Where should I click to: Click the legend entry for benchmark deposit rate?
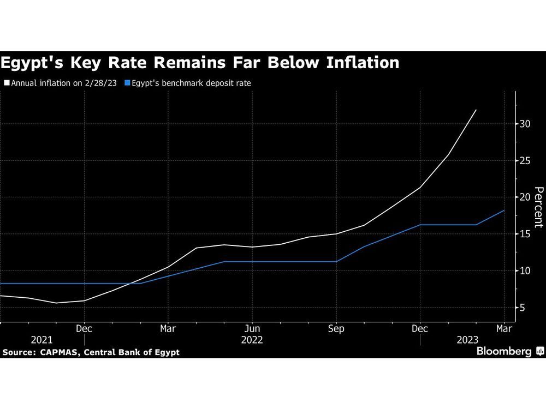(x=191, y=83)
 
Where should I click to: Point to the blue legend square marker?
(x=128, y=83)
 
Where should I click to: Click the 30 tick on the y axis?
(x=525, y=124)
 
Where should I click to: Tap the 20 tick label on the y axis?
(x=525, y=197)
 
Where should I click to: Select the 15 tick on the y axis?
(x=525, y=234)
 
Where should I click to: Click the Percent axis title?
(x=538, y=207)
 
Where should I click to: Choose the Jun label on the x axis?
(x=252, y=329)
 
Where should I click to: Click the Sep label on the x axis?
(x=336, y=329)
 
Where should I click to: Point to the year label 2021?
(x=42, y=340)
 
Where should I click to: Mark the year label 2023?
(x=467, y=340)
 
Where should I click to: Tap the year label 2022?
(x=252, y=340)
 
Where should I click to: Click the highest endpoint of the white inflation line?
(x=476, y=110)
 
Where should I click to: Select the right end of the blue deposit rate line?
(x=504, y=210)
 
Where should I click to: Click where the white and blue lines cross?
(x=134, y=283)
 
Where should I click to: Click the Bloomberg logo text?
(x=504, y=352)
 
